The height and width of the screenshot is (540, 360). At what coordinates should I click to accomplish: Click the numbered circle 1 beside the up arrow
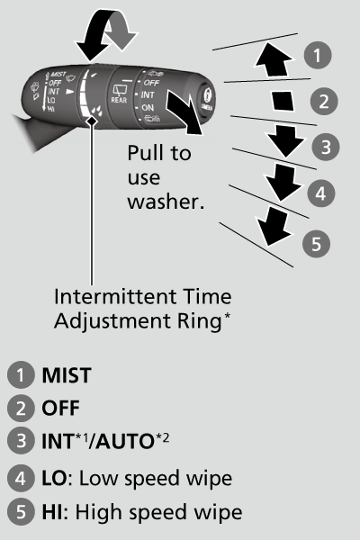coord(316,56)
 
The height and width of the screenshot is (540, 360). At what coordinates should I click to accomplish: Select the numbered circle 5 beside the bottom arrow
coord(316,241)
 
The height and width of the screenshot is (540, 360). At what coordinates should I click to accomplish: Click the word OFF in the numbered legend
coord(59,408)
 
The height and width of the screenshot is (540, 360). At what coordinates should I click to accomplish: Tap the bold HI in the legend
coord(52,513)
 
